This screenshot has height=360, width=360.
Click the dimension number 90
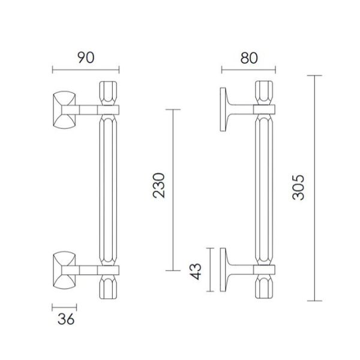[86, 58]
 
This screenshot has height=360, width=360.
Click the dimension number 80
[249, 58]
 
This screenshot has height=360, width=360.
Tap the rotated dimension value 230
[159, 185]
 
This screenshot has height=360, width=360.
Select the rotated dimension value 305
[298, 187]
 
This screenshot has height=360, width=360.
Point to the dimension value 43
[196, 271]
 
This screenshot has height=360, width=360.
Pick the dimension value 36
[66, 319]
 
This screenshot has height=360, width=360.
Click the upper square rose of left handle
[64, 110]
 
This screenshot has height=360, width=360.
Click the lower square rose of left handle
[64, 270]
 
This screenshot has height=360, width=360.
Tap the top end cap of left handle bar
[108, 93]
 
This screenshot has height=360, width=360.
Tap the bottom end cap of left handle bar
[108, 287]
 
